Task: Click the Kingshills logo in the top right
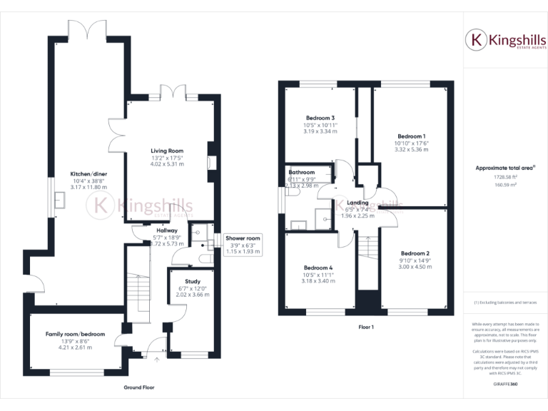(506, 40)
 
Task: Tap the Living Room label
(167, 151)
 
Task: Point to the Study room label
(192, 282)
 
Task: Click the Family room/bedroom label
(75, 334)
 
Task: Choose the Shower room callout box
(243, 245)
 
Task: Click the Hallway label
(166, 230)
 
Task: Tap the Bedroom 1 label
(412, 136)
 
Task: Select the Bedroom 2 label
(415, 253)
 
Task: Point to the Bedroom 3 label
(320, 118)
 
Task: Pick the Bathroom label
(301, 173)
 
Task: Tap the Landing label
(357, 203)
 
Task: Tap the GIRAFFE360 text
(506, 384)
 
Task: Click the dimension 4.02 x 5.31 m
(167, 164)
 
